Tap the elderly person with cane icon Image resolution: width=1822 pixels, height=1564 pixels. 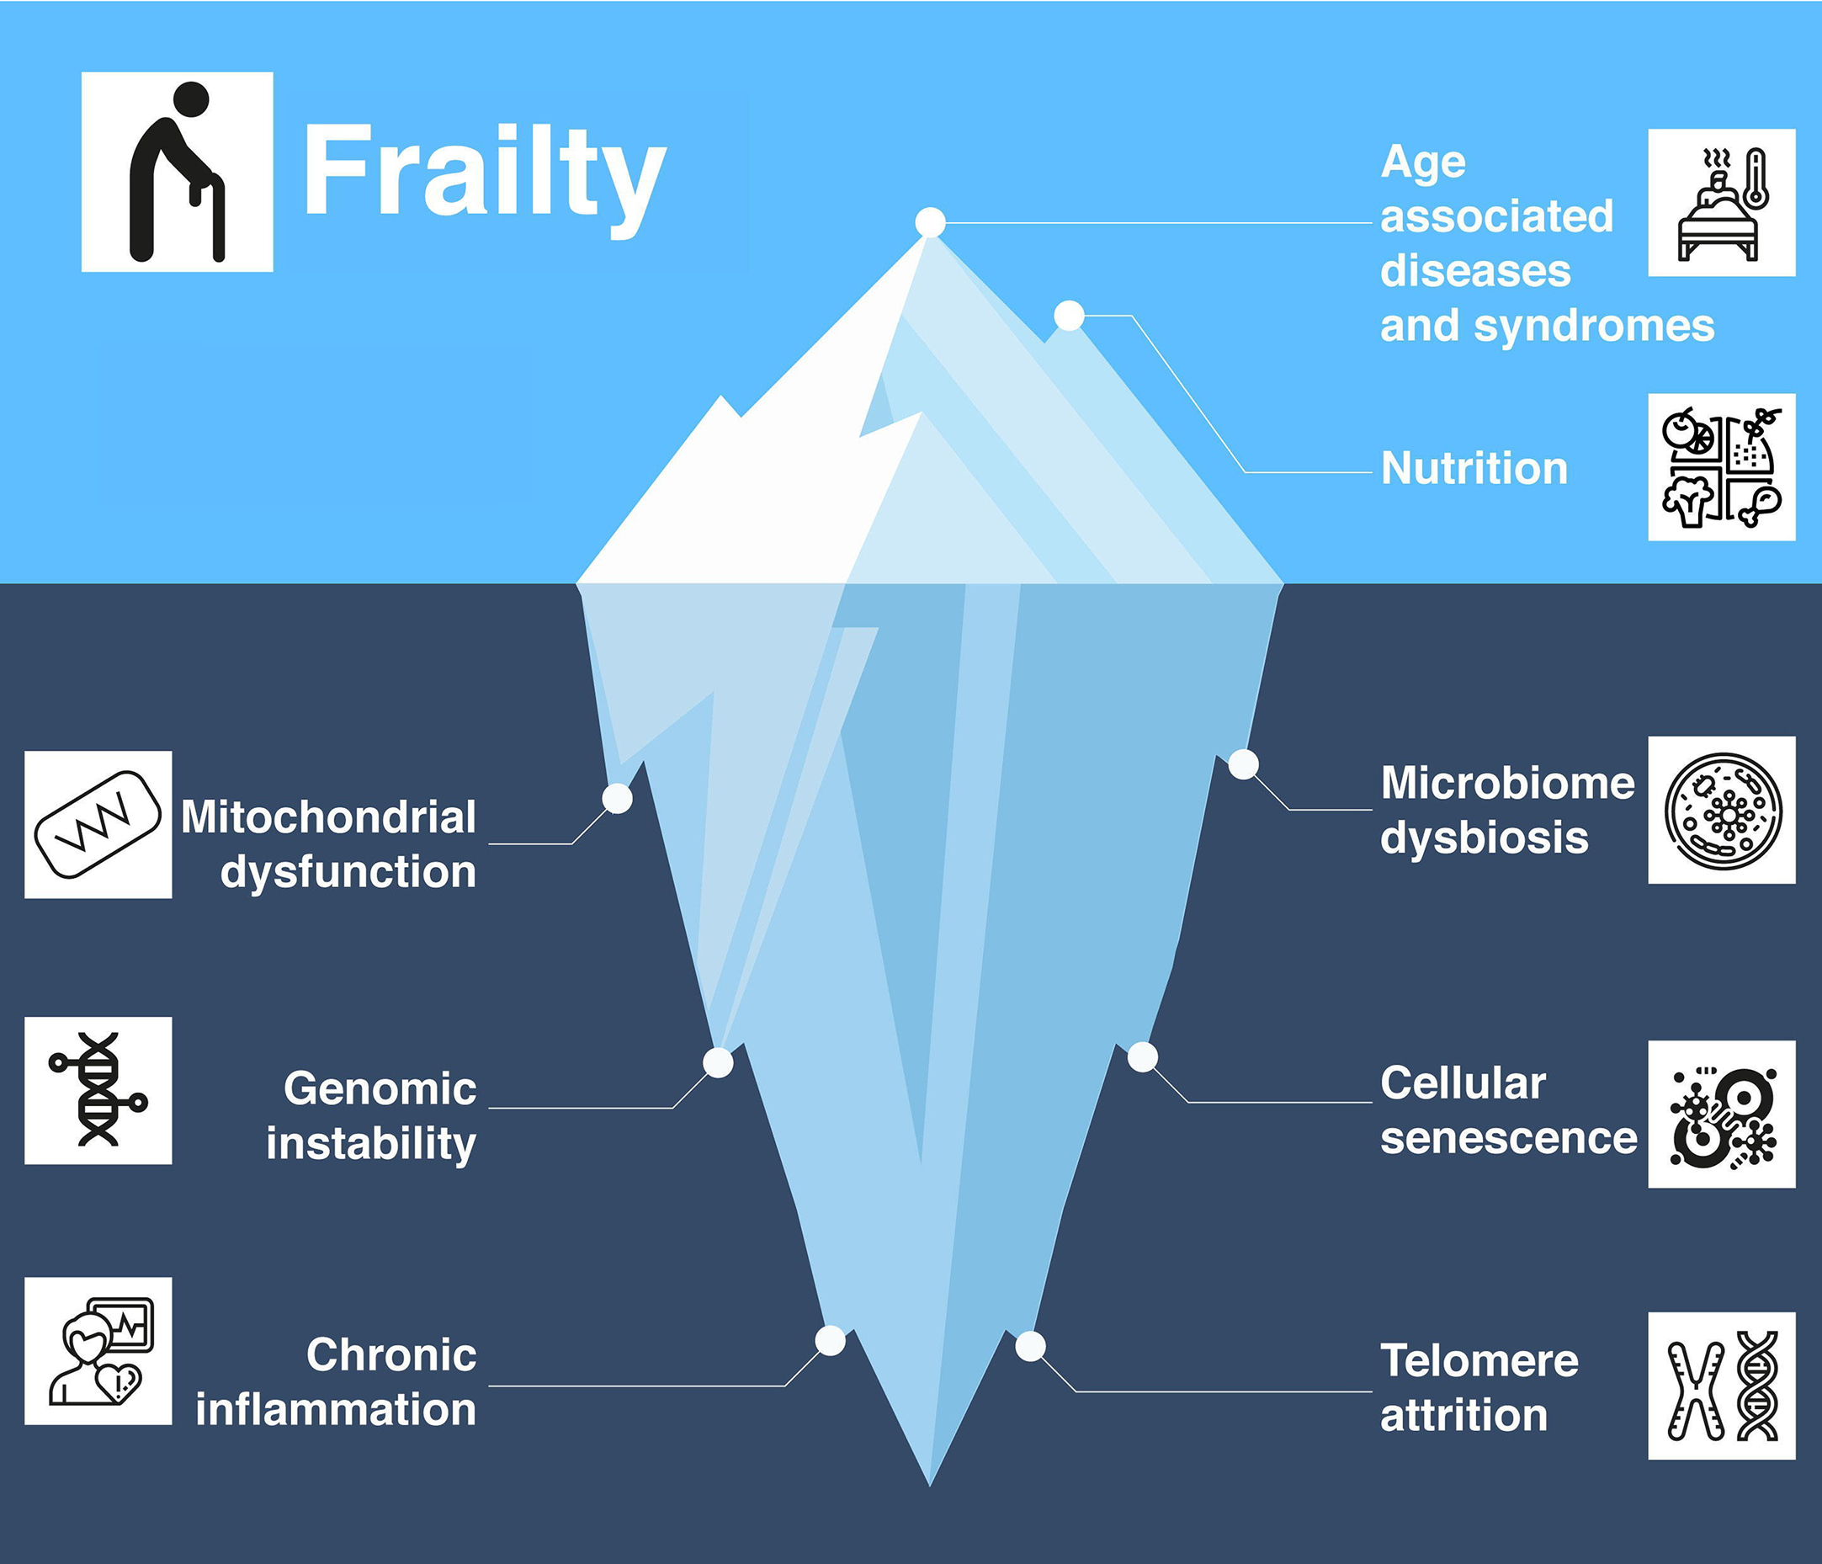(x=177, y=173)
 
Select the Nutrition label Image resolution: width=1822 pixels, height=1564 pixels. (x=1474, y=468)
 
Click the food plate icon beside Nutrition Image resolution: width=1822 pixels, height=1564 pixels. (x=1721, y=467)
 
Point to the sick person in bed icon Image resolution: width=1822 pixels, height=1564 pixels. (x=1721, y=203)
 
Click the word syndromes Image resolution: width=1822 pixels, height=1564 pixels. (x=1593, y=327)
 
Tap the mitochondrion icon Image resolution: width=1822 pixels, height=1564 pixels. (x=98, y=825)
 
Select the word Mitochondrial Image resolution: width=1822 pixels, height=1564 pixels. (x=328, y=817)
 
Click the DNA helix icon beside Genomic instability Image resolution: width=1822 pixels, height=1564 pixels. (x=98, y=1091)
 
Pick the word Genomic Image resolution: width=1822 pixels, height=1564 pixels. (x=380, y=1089)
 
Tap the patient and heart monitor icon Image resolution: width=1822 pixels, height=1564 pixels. (x=98, y=1351)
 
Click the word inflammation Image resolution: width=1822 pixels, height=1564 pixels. (x=335, y=1409)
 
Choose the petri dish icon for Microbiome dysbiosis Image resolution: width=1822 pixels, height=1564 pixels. (x=1721, y=810)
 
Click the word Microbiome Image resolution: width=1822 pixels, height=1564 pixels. (x=1507, y=783)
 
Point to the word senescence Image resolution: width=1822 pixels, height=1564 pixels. (x=1508, y=1138)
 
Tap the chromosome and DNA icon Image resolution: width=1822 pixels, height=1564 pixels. (x=1721, y=1386)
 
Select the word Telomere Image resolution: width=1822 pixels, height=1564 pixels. (x=1479, y=1361)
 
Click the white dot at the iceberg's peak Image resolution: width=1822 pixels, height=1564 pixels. (x=929, y=222)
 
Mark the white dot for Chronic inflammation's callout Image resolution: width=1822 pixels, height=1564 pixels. (x=830, y=1341)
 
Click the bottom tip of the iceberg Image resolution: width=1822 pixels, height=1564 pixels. (x=929, y=1484)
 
